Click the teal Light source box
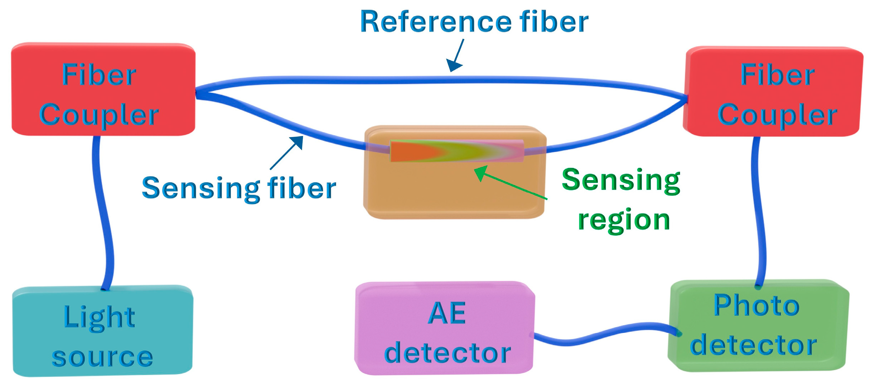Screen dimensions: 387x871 pyautogui.click(x=103, y=331)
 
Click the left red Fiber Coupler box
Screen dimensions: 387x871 pyautogui.click(x=103, y=90)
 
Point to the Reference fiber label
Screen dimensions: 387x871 pyautogui.click(x=474, y=22)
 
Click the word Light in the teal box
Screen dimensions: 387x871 pyautogui.click(x=99, y=317)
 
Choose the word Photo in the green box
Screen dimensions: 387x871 pyautogui.click(x=756, y=306)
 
